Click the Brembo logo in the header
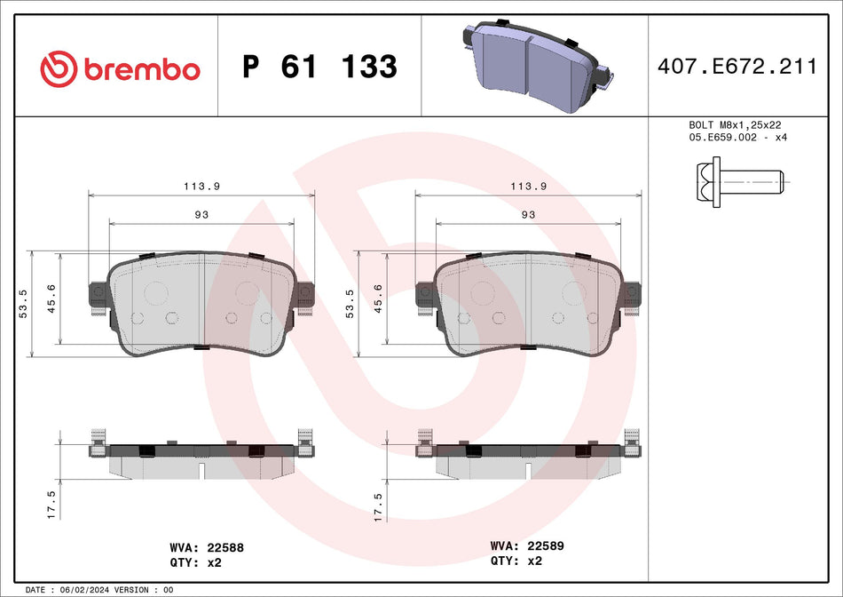point(121,68)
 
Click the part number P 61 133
point(320,67)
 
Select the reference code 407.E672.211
point(736,67)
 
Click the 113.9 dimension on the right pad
point(529,186)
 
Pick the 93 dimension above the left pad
point(202,214)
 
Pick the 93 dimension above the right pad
point(528,214)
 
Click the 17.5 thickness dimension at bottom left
point(51,504)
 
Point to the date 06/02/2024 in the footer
point(89,590)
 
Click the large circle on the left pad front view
point(156,293)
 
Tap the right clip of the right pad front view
point(631,297)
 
